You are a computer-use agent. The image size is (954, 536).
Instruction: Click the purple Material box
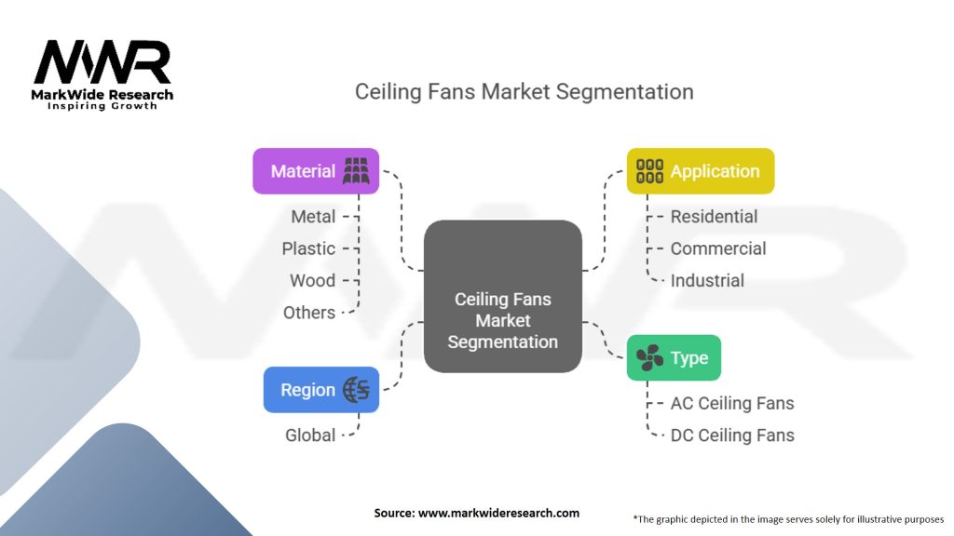[x=316, y=171]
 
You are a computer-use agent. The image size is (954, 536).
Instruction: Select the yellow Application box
[x=700, y=171]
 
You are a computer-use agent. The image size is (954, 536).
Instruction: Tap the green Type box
[x=674, y=358]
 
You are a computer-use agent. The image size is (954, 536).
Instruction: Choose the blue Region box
[x=320, y=390]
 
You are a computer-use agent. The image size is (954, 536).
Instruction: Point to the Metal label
[x=313, y=217]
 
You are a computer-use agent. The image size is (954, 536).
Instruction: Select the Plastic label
[x=308, y=248]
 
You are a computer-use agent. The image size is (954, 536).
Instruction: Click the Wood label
[x=313, y=280]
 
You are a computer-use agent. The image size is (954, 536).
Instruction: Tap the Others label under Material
[x=309, y=313]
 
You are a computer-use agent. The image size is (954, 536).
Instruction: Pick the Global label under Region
[x=310, y=435]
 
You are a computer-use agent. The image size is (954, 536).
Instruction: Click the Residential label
[x=714, y=217]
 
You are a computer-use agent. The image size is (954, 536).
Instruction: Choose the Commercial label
[x=718, y=248]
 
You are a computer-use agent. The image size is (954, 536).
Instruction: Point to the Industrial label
[x=707, y=280]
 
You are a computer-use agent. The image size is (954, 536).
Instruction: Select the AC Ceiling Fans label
[x=732, y=403]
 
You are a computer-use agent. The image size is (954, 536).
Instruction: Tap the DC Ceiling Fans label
[x=732, y=435]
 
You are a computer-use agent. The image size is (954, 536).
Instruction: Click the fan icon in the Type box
[x=649, y=358]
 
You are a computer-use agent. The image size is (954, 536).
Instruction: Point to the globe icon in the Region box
[x=356, y=390]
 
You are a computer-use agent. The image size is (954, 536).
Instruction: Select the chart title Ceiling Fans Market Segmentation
[x=524, y=92]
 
